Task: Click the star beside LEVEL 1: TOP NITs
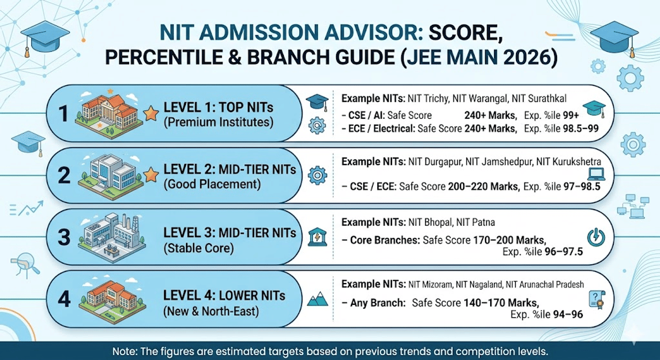coord(150,114)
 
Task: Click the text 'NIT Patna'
coord(476,223)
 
